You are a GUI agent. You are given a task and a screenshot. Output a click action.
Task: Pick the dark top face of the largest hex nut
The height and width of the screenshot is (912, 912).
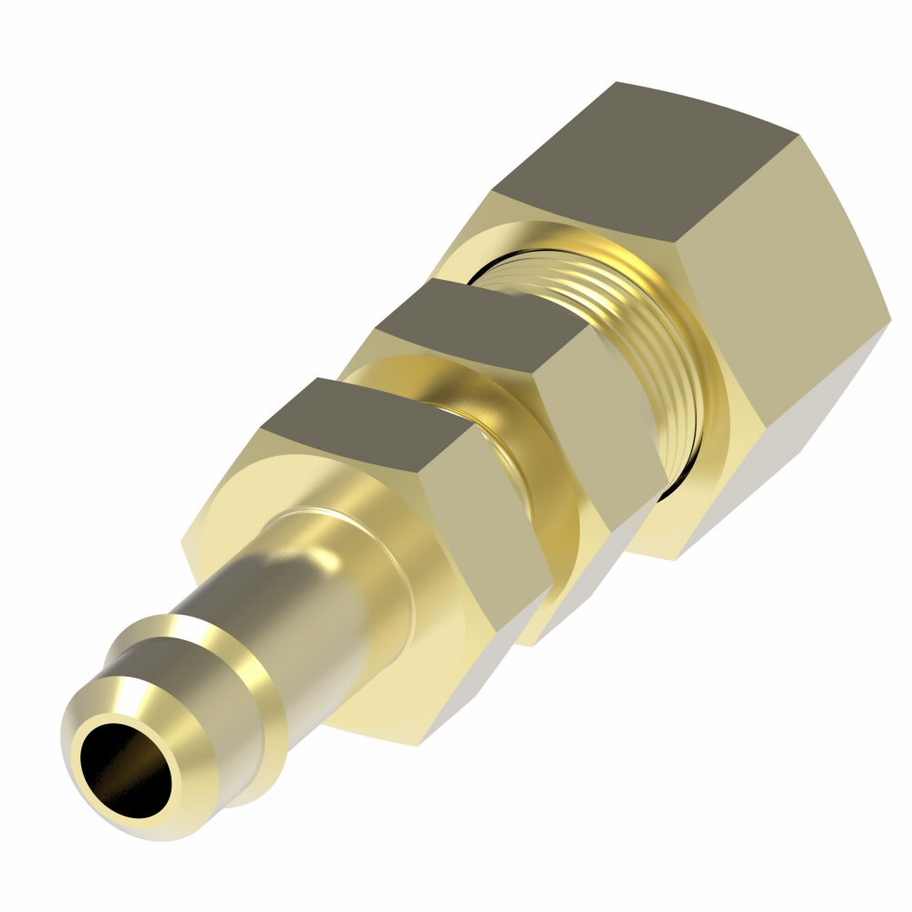coord(657,155)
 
